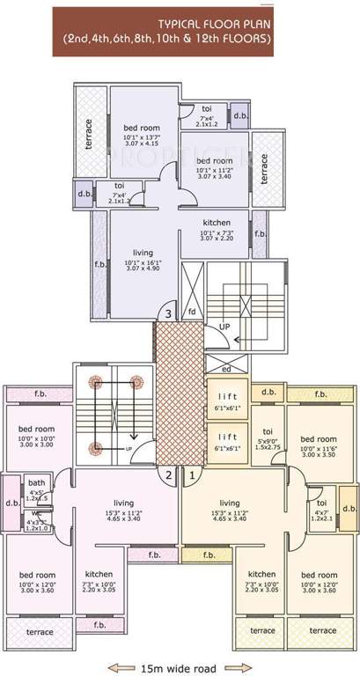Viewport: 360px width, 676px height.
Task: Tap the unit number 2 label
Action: point(168,476)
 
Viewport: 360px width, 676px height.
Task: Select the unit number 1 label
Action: point(191,476)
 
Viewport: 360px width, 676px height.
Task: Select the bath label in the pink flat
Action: point(36,482)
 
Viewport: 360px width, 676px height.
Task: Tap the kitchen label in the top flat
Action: point(217,222)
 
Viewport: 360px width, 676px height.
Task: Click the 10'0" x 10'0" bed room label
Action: point(36,430)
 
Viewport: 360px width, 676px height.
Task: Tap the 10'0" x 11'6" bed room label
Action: point(318,439)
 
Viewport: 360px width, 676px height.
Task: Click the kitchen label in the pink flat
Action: point(99,577)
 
